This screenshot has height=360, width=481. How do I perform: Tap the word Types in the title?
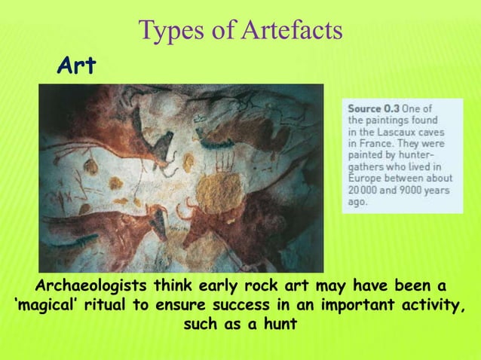(168, 31)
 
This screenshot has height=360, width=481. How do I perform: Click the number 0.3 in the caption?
(394, 108)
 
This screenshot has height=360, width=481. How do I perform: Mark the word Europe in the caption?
(365, 178)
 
